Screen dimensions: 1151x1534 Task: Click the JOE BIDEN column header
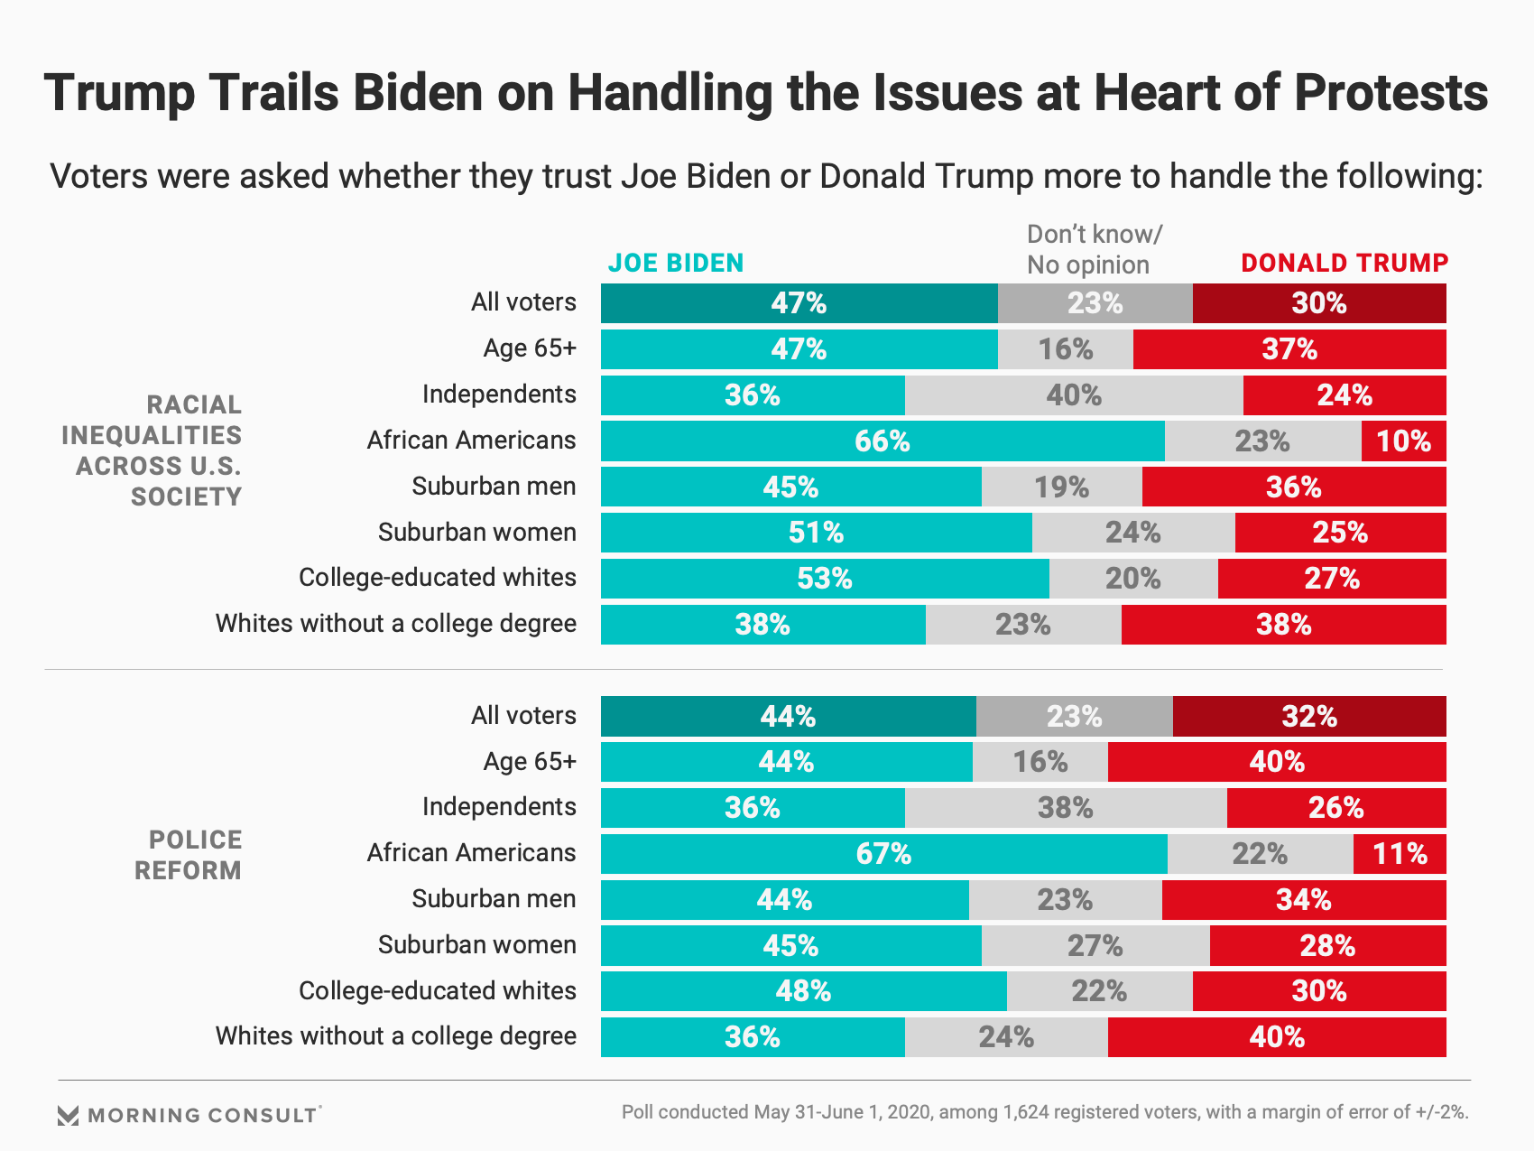(x=675, y=263)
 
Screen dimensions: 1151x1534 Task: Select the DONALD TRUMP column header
(x=1344, y=263)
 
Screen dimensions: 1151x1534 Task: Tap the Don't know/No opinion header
(x=1094, y=249)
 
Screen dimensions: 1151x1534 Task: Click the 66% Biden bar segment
(x=882, y=441)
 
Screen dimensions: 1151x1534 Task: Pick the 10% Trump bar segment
(x=1403, y=441)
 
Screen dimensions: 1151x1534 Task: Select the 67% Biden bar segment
(x=883, y=854)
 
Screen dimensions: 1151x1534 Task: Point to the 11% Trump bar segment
(x=1400, y=854)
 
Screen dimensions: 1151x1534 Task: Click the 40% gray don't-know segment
(x=1074, y=395)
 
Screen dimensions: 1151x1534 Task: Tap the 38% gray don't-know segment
(x=1065, y=808)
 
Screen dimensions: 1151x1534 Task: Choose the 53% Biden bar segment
(x=825, y=579)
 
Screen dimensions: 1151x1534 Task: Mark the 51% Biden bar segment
(x=816, y=533)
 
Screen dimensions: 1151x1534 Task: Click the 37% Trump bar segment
(x=1289, y=349)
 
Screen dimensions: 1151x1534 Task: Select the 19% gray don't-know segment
(x=1061, y=487)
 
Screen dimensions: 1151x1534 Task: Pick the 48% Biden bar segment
(x=803, y=991)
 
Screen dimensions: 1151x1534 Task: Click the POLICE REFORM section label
(x=188, y=855)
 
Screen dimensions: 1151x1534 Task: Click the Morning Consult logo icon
(x=69, y=1116)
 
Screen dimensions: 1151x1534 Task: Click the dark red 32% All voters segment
(x=1309, y=717)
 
